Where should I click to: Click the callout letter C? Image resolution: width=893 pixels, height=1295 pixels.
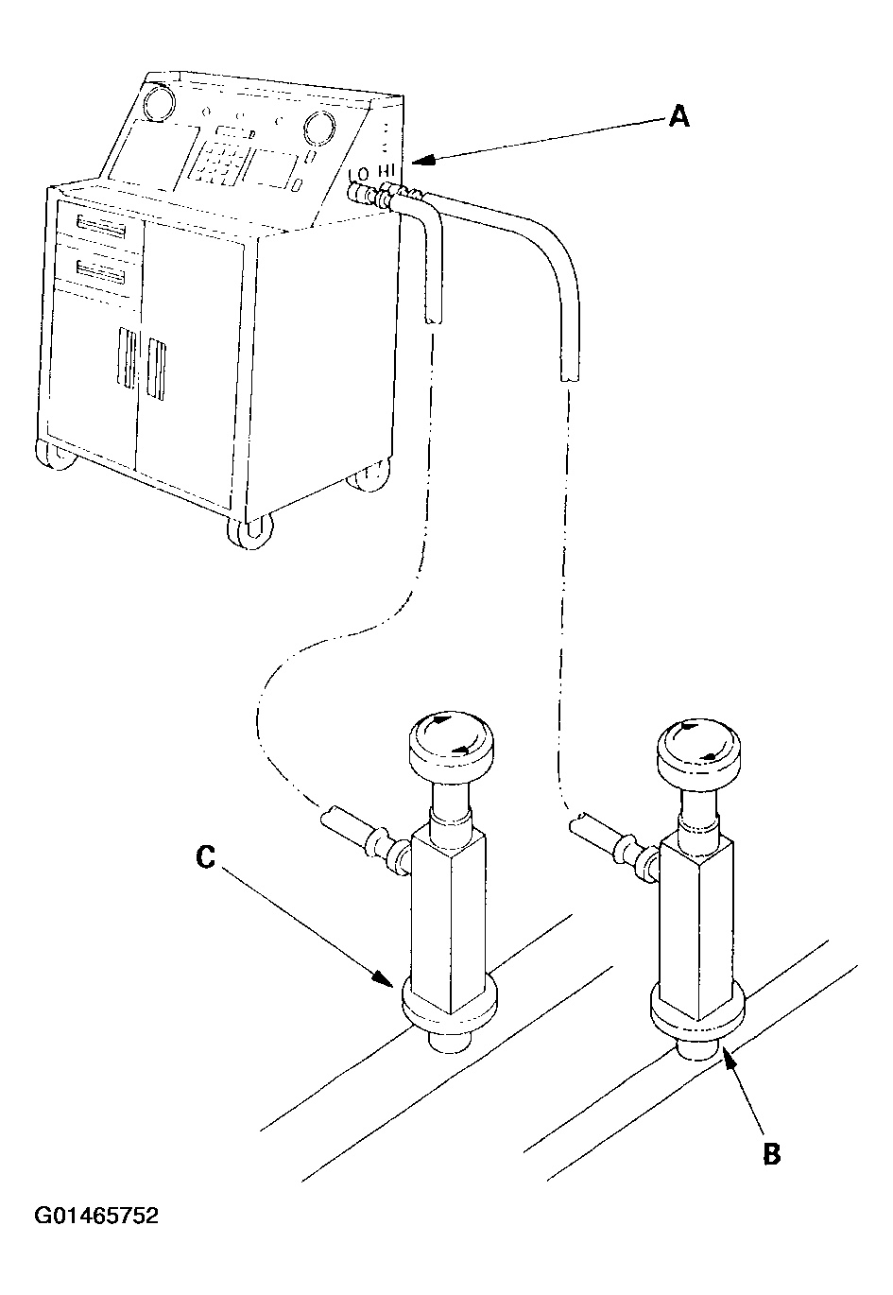(205, 856)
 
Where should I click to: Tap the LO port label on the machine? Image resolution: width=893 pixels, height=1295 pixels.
(359, 173)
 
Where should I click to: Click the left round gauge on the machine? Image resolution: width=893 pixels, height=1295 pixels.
(158, 102)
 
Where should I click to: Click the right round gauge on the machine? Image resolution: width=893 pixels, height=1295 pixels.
(318, 127)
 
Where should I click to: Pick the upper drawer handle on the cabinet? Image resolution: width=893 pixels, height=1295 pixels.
(101, 227)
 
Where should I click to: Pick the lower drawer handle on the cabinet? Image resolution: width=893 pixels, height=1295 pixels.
(101, 271)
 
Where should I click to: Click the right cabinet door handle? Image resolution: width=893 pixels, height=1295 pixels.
(157, 370)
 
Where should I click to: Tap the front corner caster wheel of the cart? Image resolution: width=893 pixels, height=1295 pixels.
(250, 529)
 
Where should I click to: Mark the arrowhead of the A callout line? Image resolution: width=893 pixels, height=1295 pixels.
(423, 160)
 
